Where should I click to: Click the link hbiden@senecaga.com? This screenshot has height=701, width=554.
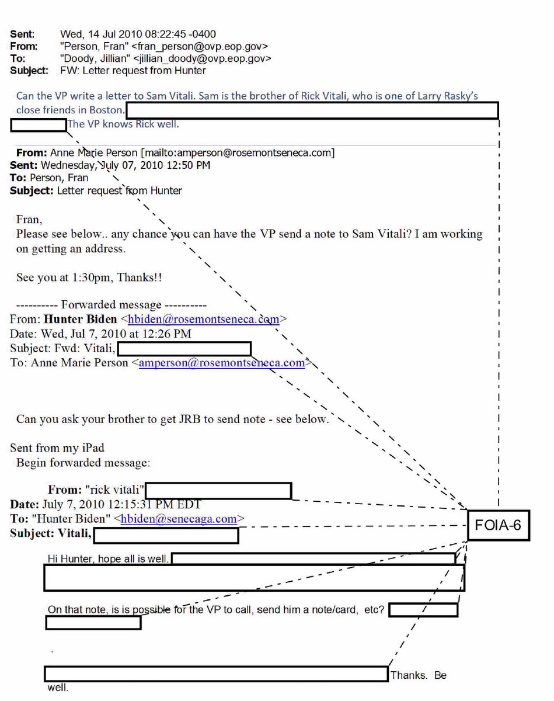(179, 519)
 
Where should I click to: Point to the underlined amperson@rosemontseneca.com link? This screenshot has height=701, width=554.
(222, 363)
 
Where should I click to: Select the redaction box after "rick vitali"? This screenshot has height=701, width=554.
(218, 491)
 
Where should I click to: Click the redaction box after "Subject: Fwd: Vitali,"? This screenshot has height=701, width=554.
(184, 349)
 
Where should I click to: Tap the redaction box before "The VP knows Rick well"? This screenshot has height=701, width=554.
(38, 124)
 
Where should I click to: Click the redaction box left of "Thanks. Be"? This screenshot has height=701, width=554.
(216, 674)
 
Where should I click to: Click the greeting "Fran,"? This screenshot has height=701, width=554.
(29, 220)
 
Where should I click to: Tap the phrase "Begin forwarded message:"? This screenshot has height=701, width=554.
(83, 463)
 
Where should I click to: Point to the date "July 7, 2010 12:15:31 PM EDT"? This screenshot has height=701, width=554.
(121, 504)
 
